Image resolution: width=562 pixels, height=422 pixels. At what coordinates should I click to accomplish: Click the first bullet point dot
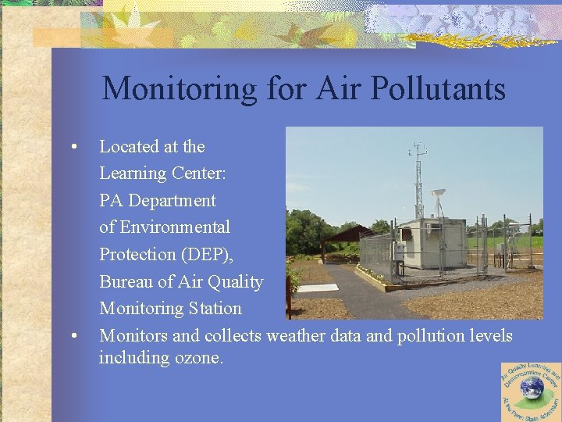[x=73, y=147]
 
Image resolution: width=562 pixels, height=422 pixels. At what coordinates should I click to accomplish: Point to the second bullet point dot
[x=73, y=336]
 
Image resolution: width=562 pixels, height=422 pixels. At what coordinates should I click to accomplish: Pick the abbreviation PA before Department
[x=112, y=200]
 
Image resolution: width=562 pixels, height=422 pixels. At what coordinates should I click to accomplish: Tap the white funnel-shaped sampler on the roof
[x=439, y=192]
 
